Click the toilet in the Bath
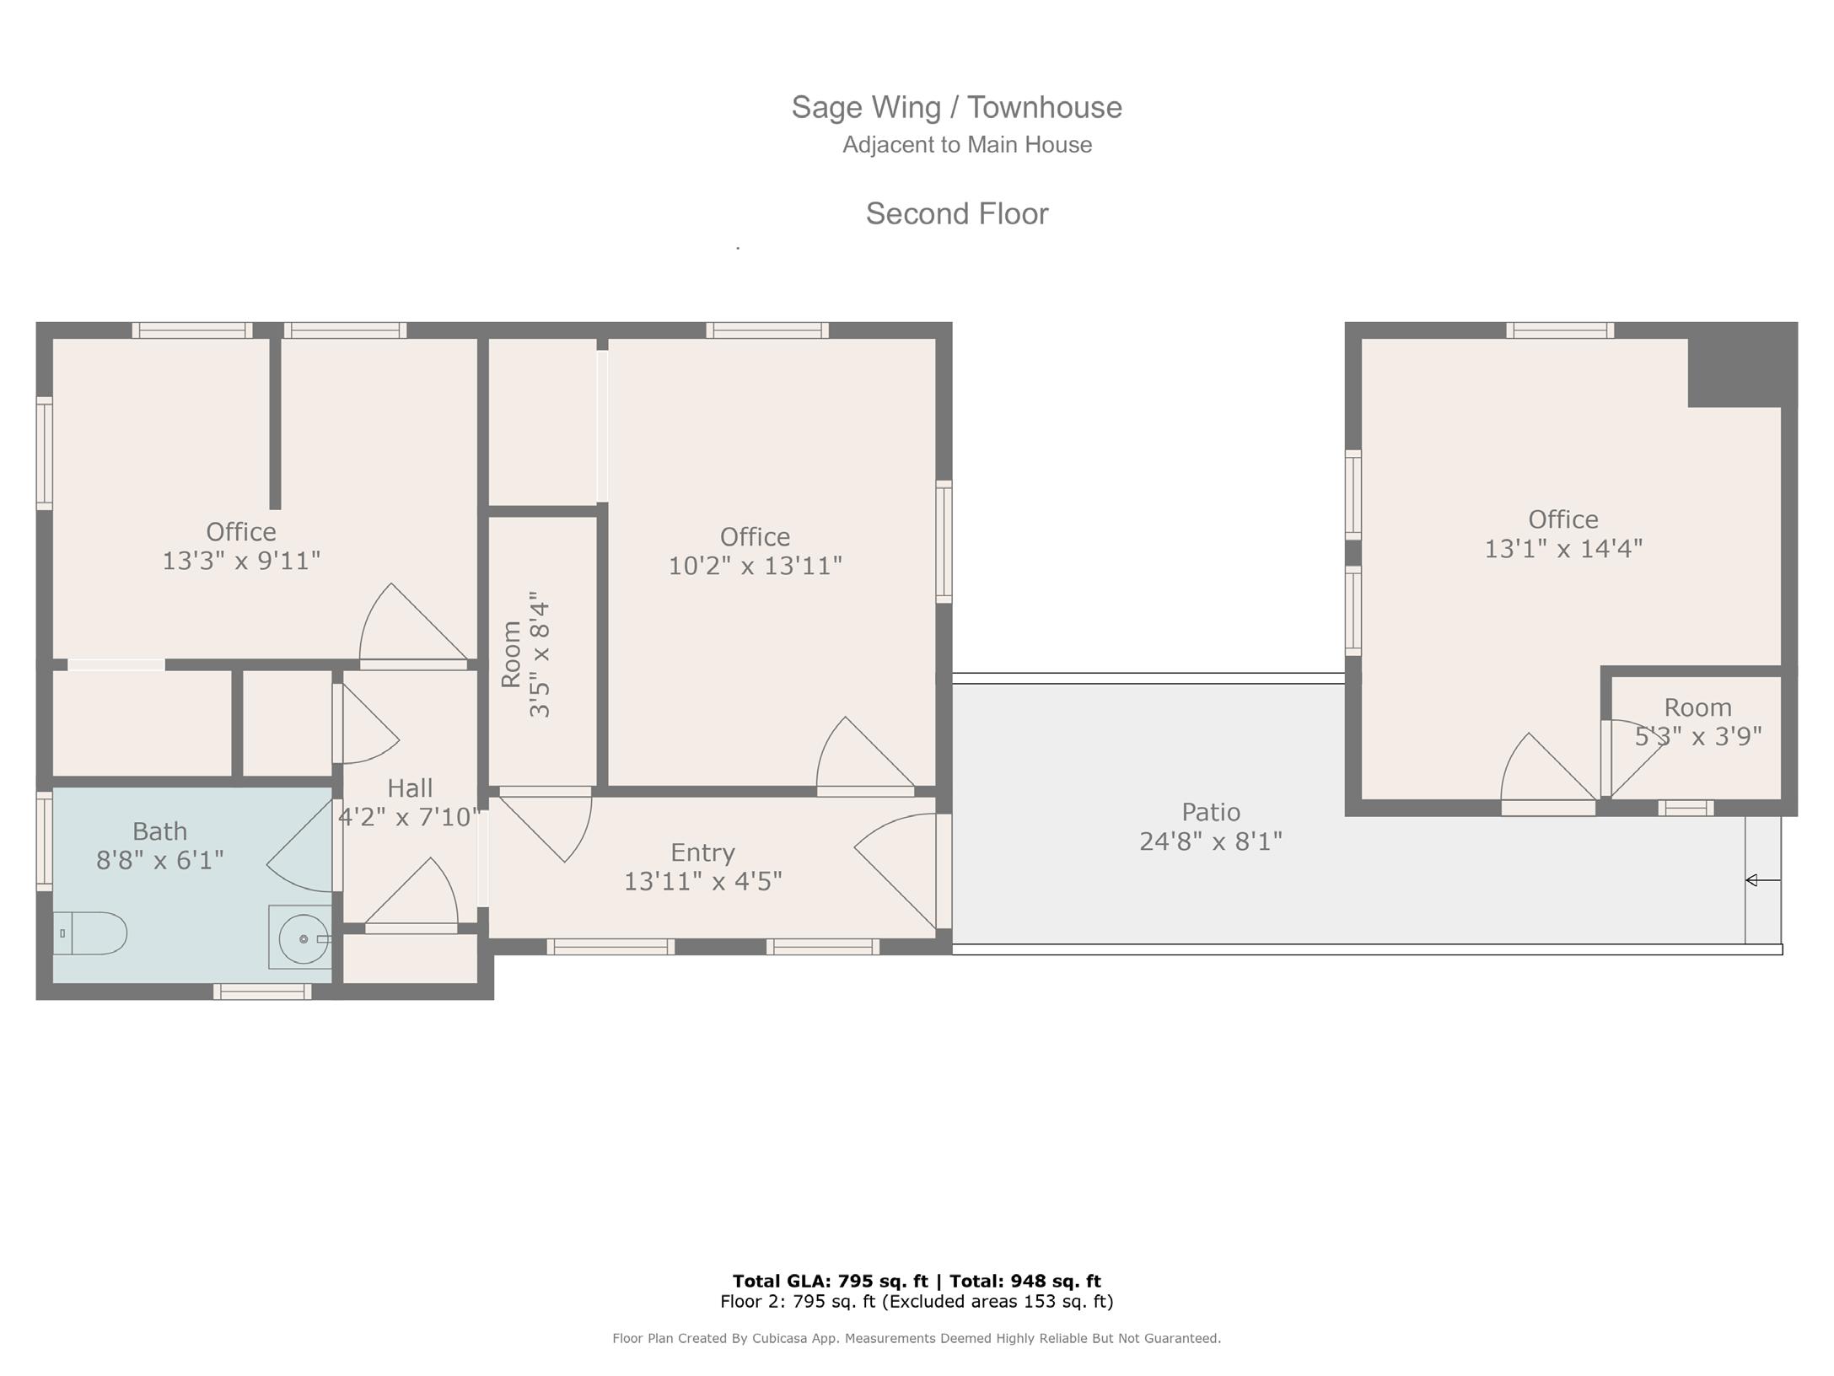90,933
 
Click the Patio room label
1211,812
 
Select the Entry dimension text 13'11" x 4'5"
703,881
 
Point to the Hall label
410,788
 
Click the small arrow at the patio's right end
1762,880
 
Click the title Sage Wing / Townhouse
957,107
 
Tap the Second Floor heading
957,213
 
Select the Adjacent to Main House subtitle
967,145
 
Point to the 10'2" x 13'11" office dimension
756,566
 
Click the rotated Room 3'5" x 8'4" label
525,654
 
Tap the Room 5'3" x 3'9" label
1698,722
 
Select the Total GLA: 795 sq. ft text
830,1282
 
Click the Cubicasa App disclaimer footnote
917,1338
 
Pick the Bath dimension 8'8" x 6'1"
160,860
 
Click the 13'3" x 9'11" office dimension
241,561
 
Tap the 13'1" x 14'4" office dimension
1563,549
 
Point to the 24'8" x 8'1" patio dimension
1211,841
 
